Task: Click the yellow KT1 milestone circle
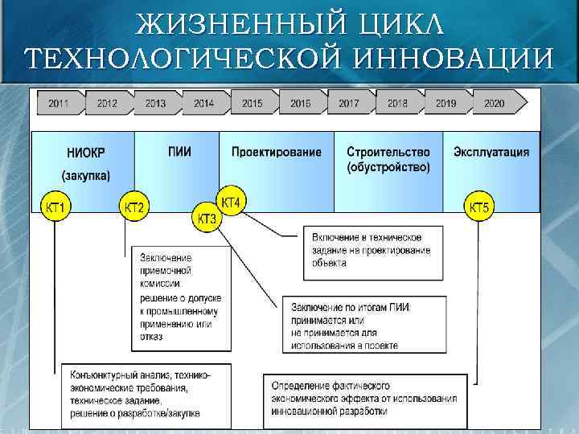coord(55,208)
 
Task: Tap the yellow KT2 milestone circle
coord(133,208)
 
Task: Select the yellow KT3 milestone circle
coord(207,218)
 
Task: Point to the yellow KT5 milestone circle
coord(479,208)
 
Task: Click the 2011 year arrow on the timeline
coord(58,104)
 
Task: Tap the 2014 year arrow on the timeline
coord(203,104)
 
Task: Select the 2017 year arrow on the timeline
coord(348,104)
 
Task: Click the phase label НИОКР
coord(85,153)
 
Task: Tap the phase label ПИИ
coord(180,151)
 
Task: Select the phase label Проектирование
coord(276,152)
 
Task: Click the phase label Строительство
coord(388,152)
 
